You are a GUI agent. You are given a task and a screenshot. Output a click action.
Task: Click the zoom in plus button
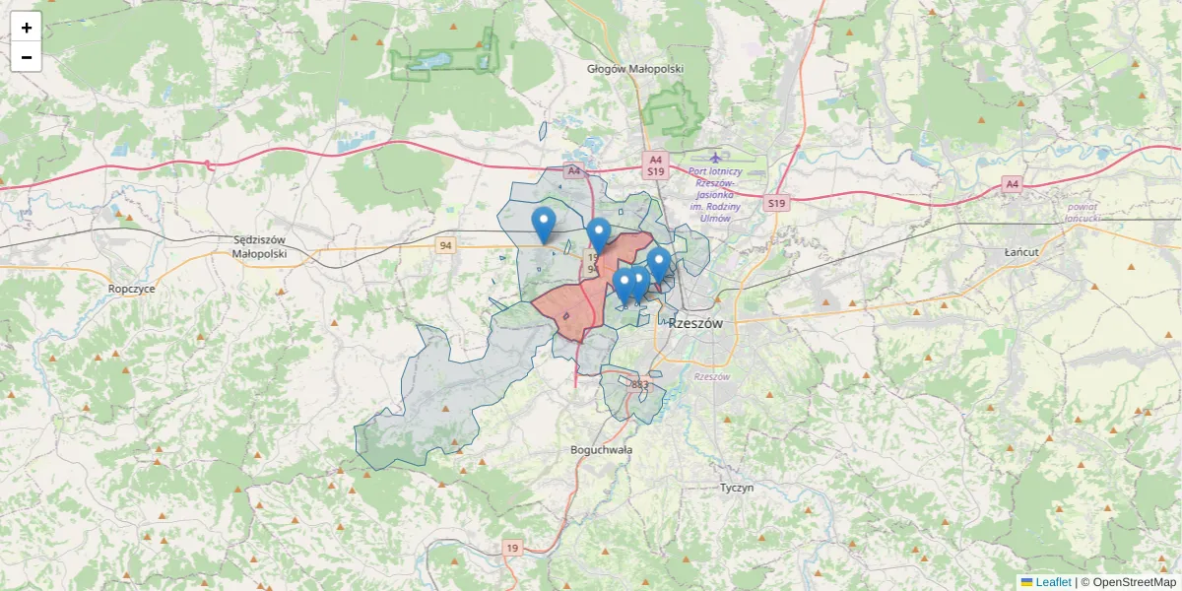(x=27, y=28)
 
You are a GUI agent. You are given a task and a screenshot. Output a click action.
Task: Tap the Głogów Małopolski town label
(x=634, y=69)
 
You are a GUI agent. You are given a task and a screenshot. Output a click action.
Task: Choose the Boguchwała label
(x=601, y=449)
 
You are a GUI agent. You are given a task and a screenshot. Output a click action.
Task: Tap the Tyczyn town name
(x=736, y=488)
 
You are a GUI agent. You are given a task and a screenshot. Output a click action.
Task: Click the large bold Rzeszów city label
(x=696, y=323)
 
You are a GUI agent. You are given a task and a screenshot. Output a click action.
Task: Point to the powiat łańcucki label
(x=1082, y=212)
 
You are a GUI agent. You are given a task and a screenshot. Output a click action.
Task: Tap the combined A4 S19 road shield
(x=656, y=164)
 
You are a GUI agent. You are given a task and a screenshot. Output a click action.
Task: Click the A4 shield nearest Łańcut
(x=1012, y=183)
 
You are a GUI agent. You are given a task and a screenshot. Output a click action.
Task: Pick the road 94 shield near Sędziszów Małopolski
(x=446, y=245)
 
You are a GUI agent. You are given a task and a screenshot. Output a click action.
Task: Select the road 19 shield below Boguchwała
(x=511, y=548)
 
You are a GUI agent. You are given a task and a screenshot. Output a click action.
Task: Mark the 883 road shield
(x=640, y=384)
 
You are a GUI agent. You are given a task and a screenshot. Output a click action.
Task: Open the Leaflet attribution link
(x=1053, y=582)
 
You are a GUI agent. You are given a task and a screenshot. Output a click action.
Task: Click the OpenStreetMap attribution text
(x=1134, y=582)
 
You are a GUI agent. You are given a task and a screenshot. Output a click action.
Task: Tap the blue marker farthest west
(x=543, y=226)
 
